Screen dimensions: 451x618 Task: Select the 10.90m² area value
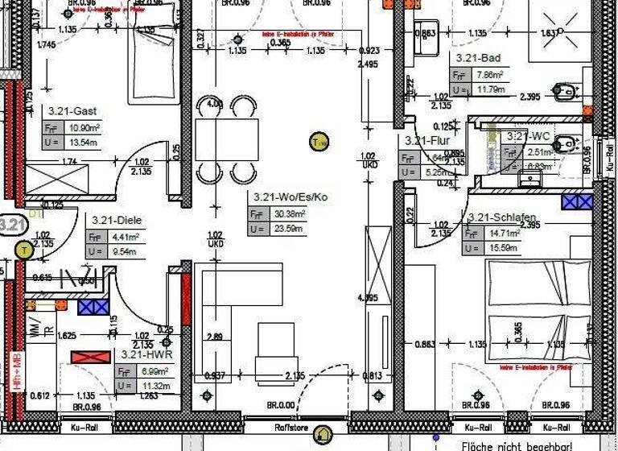83,128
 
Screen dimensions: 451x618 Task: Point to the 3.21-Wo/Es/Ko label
290,197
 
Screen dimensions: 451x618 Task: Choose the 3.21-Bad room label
478,58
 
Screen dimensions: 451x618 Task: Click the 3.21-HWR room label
146,354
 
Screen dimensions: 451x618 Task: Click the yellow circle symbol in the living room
319,143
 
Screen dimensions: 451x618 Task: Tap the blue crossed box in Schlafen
577,201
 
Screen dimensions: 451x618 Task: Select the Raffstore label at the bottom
290,428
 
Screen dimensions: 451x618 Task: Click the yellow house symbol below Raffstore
323,436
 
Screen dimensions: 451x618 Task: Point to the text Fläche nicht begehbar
516,445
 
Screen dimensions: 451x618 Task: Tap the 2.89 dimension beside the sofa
214,336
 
